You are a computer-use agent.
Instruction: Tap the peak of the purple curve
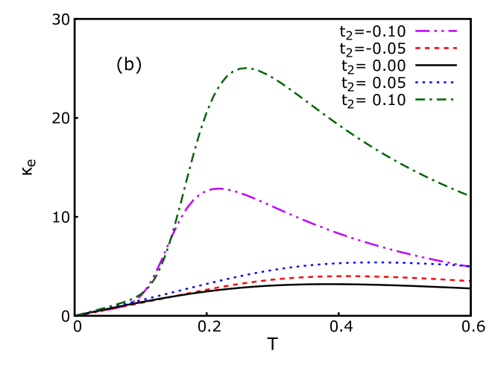click(217, 188)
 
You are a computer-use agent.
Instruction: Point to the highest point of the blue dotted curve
click(369, 262)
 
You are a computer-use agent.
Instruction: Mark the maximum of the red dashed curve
click(350, 276)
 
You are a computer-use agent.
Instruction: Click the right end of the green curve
click(467, 195)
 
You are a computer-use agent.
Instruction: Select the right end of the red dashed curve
click(469, 281)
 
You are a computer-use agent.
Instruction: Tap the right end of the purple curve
click(469, 266)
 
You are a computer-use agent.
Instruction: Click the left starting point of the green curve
click(77, 314)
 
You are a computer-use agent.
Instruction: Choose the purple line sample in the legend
click(436, 31)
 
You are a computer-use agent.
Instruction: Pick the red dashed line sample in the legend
click(436, 48)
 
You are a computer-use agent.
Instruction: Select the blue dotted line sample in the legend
click(436, 82)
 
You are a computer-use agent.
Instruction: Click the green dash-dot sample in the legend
click(436, 99)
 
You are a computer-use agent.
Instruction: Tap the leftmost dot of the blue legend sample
click(417, 82)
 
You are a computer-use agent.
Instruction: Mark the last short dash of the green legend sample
click(452, 99)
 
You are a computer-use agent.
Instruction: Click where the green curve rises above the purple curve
click(176, 223)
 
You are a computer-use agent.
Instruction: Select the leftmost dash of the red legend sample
click(417, 48)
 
